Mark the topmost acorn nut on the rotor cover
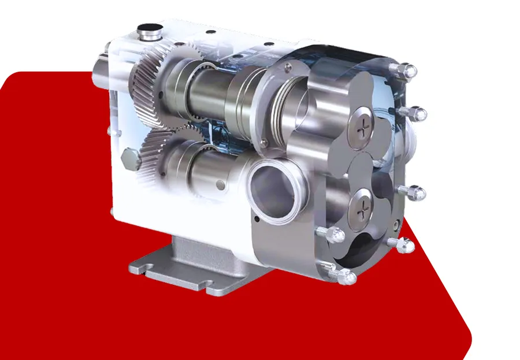click(408, 71)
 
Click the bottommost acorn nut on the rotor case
click(346, 277)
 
